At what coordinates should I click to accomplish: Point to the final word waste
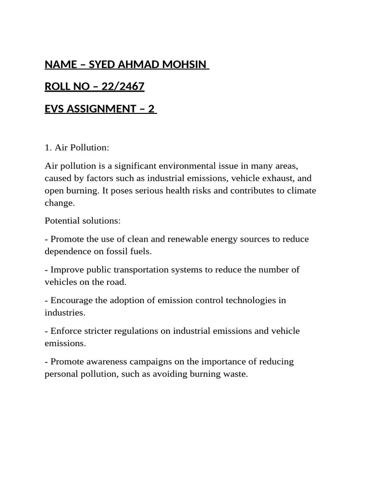pyautogui.click(x=235, y=374)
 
